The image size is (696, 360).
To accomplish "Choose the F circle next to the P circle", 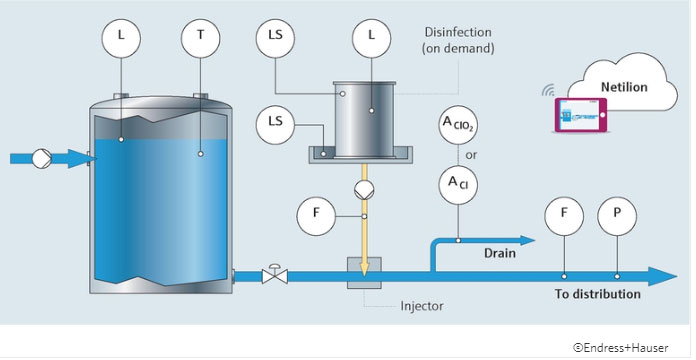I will tap(564, 215).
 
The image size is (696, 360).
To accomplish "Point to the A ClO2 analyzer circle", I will tap(458, 127).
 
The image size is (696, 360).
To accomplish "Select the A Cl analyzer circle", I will tap(458, 182).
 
